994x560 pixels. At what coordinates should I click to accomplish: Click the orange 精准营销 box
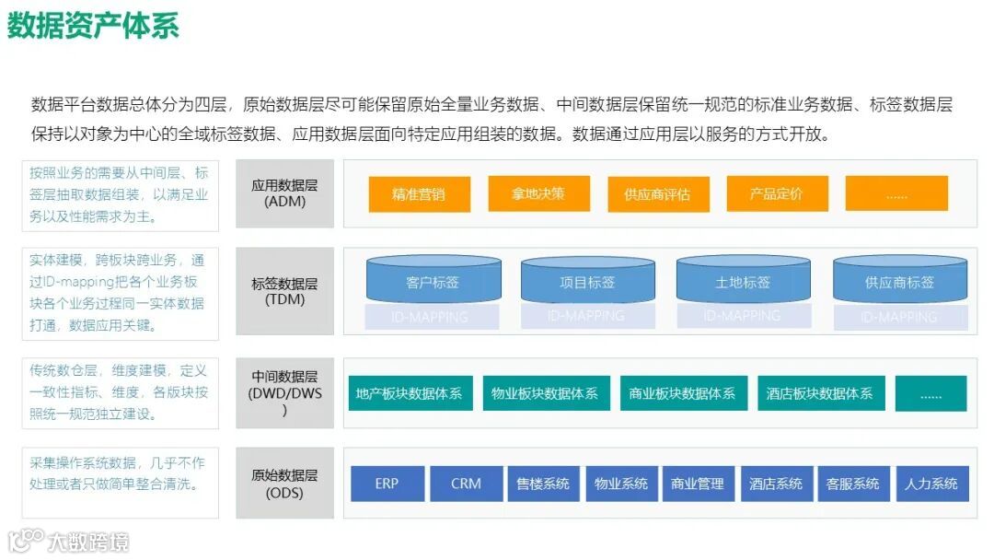(419, 194)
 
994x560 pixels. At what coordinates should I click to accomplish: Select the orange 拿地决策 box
(538, 193)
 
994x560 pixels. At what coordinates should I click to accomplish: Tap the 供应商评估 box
(657, 194)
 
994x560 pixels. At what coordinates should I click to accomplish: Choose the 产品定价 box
(777, 193)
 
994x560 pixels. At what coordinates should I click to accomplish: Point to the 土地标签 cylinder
(744, 281)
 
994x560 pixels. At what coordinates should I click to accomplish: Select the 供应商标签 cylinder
(899, 281)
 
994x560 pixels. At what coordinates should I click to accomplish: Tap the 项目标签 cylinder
(588, 281)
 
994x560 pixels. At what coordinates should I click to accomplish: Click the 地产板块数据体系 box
(410, 393)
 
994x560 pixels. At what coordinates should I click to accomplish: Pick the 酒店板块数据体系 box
(820, 393)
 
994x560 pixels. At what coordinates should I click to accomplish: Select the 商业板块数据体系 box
(682, 393)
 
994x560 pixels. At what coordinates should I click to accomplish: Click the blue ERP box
(387, 484)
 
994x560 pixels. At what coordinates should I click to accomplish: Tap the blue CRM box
(467, 484)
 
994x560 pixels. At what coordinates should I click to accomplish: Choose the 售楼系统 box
(543, 484)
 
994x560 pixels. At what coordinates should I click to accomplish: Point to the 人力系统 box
(932, 484)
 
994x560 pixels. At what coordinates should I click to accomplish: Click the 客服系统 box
(853, 484)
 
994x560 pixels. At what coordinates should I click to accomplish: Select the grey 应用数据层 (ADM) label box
(284, 193)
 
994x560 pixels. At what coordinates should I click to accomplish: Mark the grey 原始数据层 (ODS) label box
(284, 484)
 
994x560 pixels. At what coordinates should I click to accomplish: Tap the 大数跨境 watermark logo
(69, 540)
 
